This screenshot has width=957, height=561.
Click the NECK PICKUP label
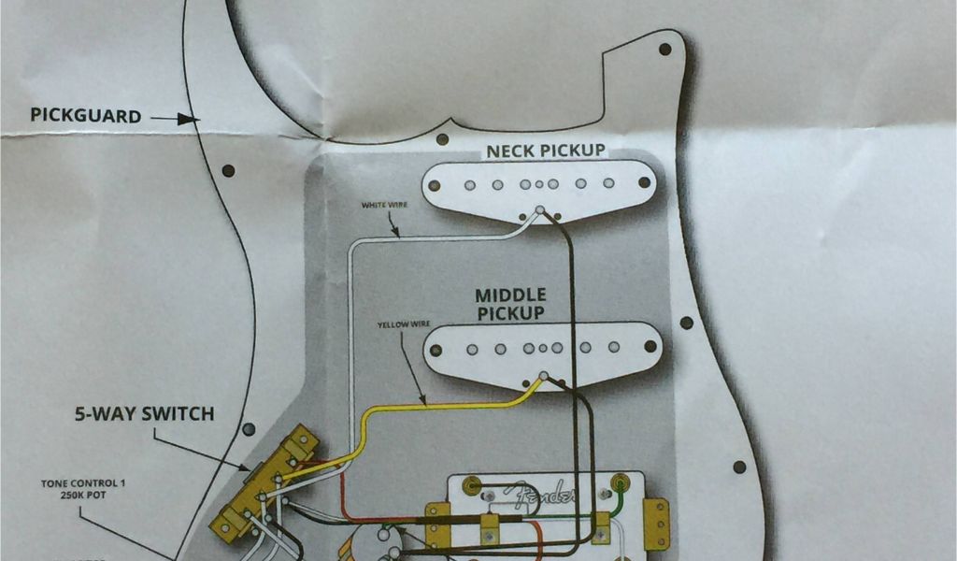pos(545,151)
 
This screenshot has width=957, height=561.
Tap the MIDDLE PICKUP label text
pos(510,305)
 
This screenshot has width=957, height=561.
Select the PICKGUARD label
pos(86,116)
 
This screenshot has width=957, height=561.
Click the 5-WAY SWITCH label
pos(145,413)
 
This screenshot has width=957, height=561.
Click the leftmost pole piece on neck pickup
pos(436,184)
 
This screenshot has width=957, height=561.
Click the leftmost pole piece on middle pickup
pos(436,352)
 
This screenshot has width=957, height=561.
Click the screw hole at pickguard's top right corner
pos(664,49)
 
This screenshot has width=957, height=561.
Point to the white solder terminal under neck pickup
pos(539,210)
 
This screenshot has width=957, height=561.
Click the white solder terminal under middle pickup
pos(543,376)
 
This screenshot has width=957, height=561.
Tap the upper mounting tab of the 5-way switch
pos(301,440)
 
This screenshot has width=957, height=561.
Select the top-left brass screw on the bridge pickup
pos(470,484)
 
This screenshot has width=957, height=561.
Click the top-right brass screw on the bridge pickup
pos(620,483)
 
